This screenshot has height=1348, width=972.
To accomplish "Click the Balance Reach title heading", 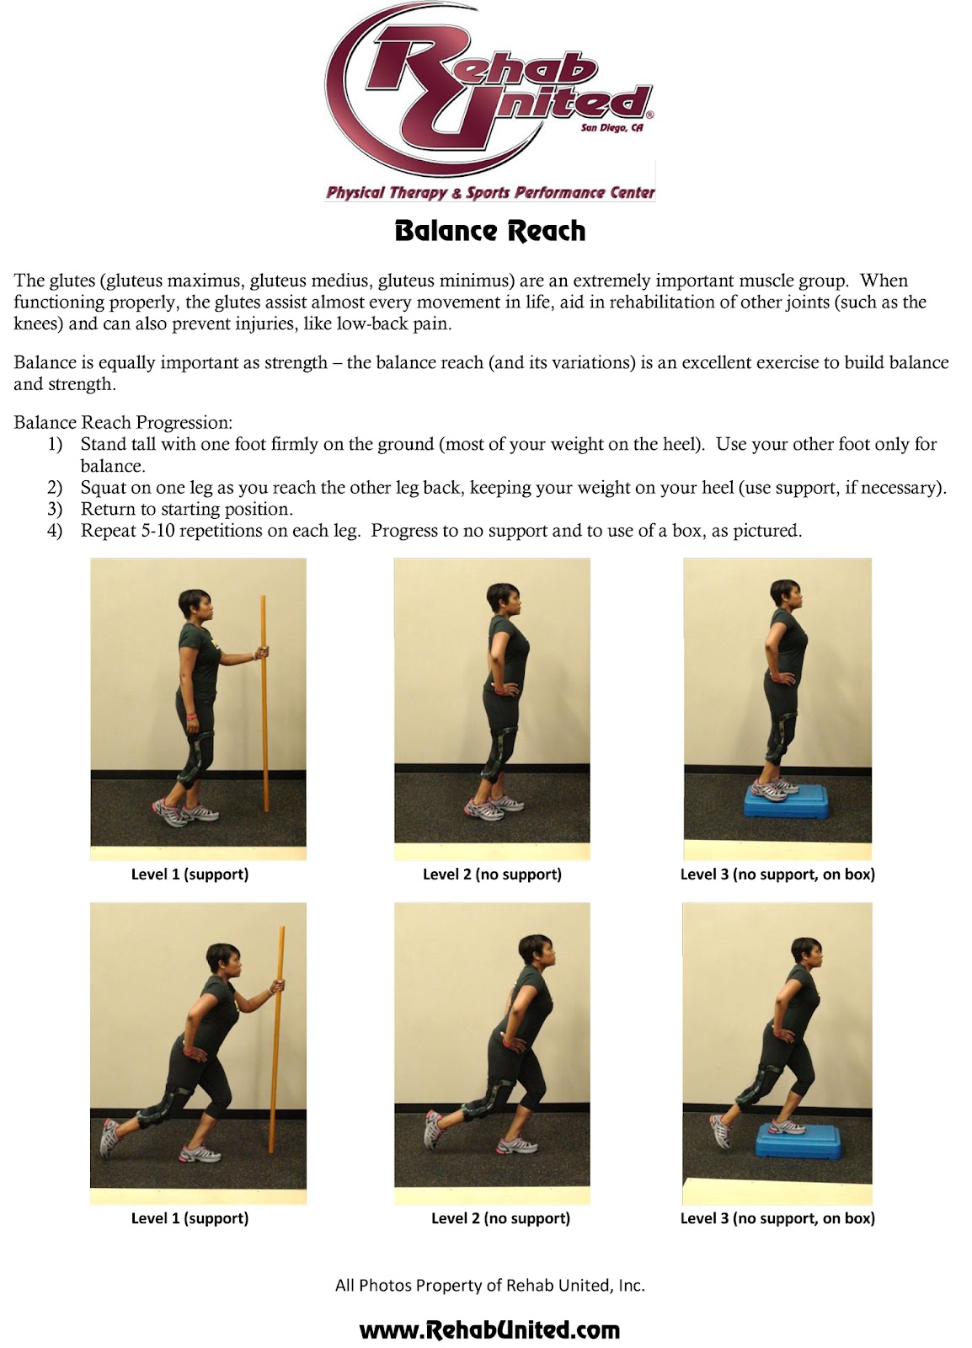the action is coord(489,231).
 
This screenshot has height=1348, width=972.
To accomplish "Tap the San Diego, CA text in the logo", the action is coord(612,128).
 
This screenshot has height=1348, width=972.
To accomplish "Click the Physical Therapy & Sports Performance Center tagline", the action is coord(490,193).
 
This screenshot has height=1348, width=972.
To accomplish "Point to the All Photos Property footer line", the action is coord(489,1286).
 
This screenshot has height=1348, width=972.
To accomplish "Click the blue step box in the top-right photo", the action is coord(778,800).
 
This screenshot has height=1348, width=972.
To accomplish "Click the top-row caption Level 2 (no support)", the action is coord(492,875).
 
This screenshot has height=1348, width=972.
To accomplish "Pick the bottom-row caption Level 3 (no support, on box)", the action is coord(777,1218).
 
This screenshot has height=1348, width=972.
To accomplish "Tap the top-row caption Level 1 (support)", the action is coord(190,875).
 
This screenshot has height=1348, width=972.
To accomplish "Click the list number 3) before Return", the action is coord(55,509).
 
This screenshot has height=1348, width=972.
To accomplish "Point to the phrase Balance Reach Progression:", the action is coord(123,422).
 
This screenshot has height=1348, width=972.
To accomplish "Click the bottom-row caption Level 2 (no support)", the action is coord(500,1218).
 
